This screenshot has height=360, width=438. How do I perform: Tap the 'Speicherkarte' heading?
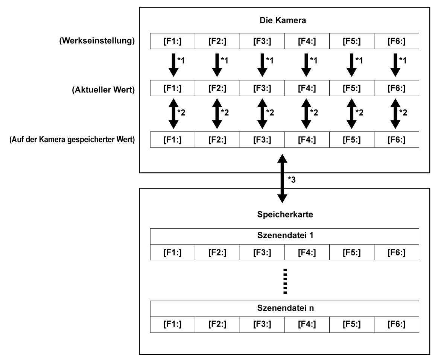(x=284, y=216)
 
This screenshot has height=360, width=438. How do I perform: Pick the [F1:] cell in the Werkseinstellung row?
(x=173, y=41)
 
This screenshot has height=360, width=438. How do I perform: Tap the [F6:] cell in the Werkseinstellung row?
(x=396, y=41)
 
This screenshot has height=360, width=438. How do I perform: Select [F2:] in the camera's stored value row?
(x=217, y=139)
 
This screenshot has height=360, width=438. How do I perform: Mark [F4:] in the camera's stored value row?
(x=307, y=139)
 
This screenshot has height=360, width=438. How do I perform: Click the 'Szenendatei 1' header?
(x=284, y=237)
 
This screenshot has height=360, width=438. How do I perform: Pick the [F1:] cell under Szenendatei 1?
(x=173, y=252)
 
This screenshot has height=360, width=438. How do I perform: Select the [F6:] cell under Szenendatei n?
(x=396, y=323)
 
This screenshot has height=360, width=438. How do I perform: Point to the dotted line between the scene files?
(x=285, y=281)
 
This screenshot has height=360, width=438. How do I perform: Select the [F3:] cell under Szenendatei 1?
(x=262, y=252)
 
